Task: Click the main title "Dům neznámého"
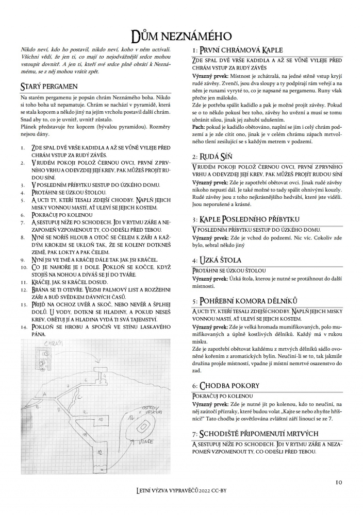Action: coord(181,35)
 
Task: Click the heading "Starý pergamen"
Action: coord(48,85)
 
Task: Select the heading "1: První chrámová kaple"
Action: coord(237,50)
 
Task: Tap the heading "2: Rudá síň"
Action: coord(212,156)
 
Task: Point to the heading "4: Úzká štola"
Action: coord(216,260)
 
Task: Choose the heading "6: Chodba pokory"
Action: coord(225,385)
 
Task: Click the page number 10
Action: coord(339,482)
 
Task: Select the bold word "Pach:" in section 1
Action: coord(200,127)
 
